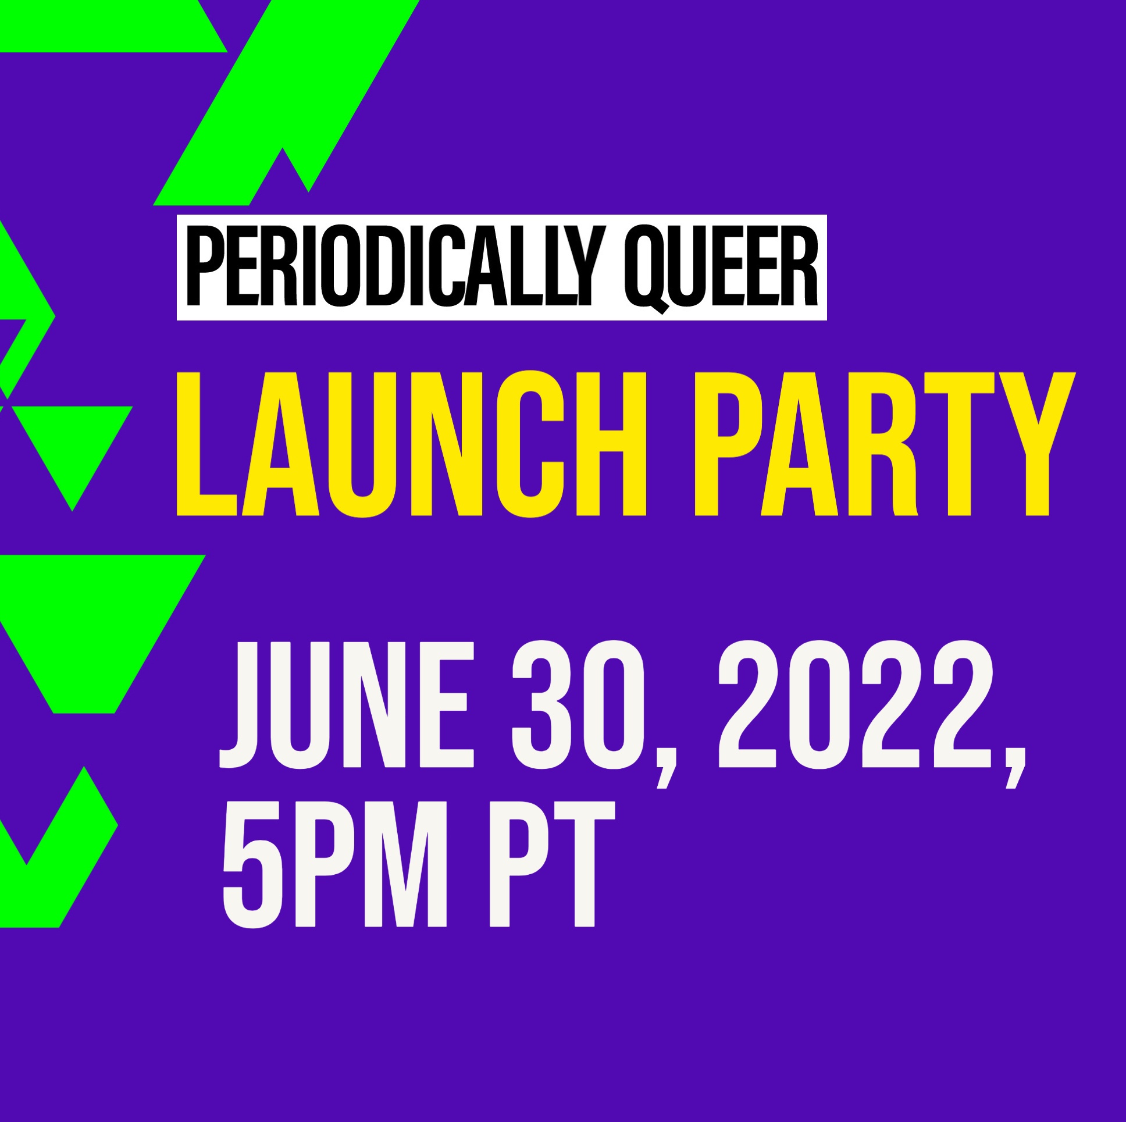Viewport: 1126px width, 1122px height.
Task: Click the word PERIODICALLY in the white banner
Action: tap(389, 267)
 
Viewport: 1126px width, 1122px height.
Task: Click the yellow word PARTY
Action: tap(884, 444)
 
